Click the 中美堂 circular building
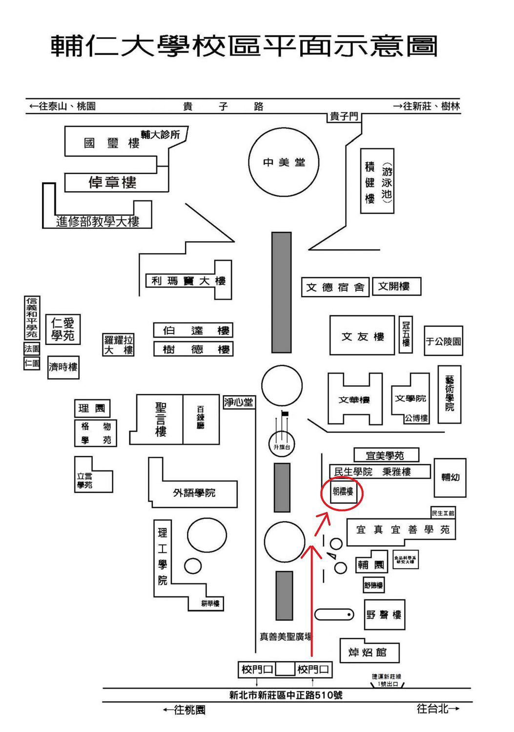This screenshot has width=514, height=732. [x=284, y=163]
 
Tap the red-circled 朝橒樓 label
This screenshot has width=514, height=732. [x=343, y=492]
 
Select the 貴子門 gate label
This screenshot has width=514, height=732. [x=344, y=117]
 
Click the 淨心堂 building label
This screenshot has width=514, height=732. [x=239, y=402]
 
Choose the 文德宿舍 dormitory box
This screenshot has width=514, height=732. [x=335, y=287]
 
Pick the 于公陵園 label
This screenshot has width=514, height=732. [x=443, y=341]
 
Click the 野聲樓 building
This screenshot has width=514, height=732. [x=384, y=615]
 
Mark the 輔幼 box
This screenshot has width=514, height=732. [x=450, y=477]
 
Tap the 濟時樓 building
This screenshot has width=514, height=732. [x=63, y=367]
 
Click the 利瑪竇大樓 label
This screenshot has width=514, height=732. [x=188, y=281]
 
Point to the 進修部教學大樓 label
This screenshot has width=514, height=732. [x=98, y=222]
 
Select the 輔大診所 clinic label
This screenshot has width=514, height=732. [x=160, y=134]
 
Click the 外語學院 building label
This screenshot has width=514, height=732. [x=194, y=493]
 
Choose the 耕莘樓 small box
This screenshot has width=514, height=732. [x=210, y=604]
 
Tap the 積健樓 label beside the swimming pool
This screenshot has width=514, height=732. [x=370, y=183]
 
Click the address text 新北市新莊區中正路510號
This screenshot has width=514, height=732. [x=286, y=695]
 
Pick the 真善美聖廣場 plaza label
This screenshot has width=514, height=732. [x=286, y=636]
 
